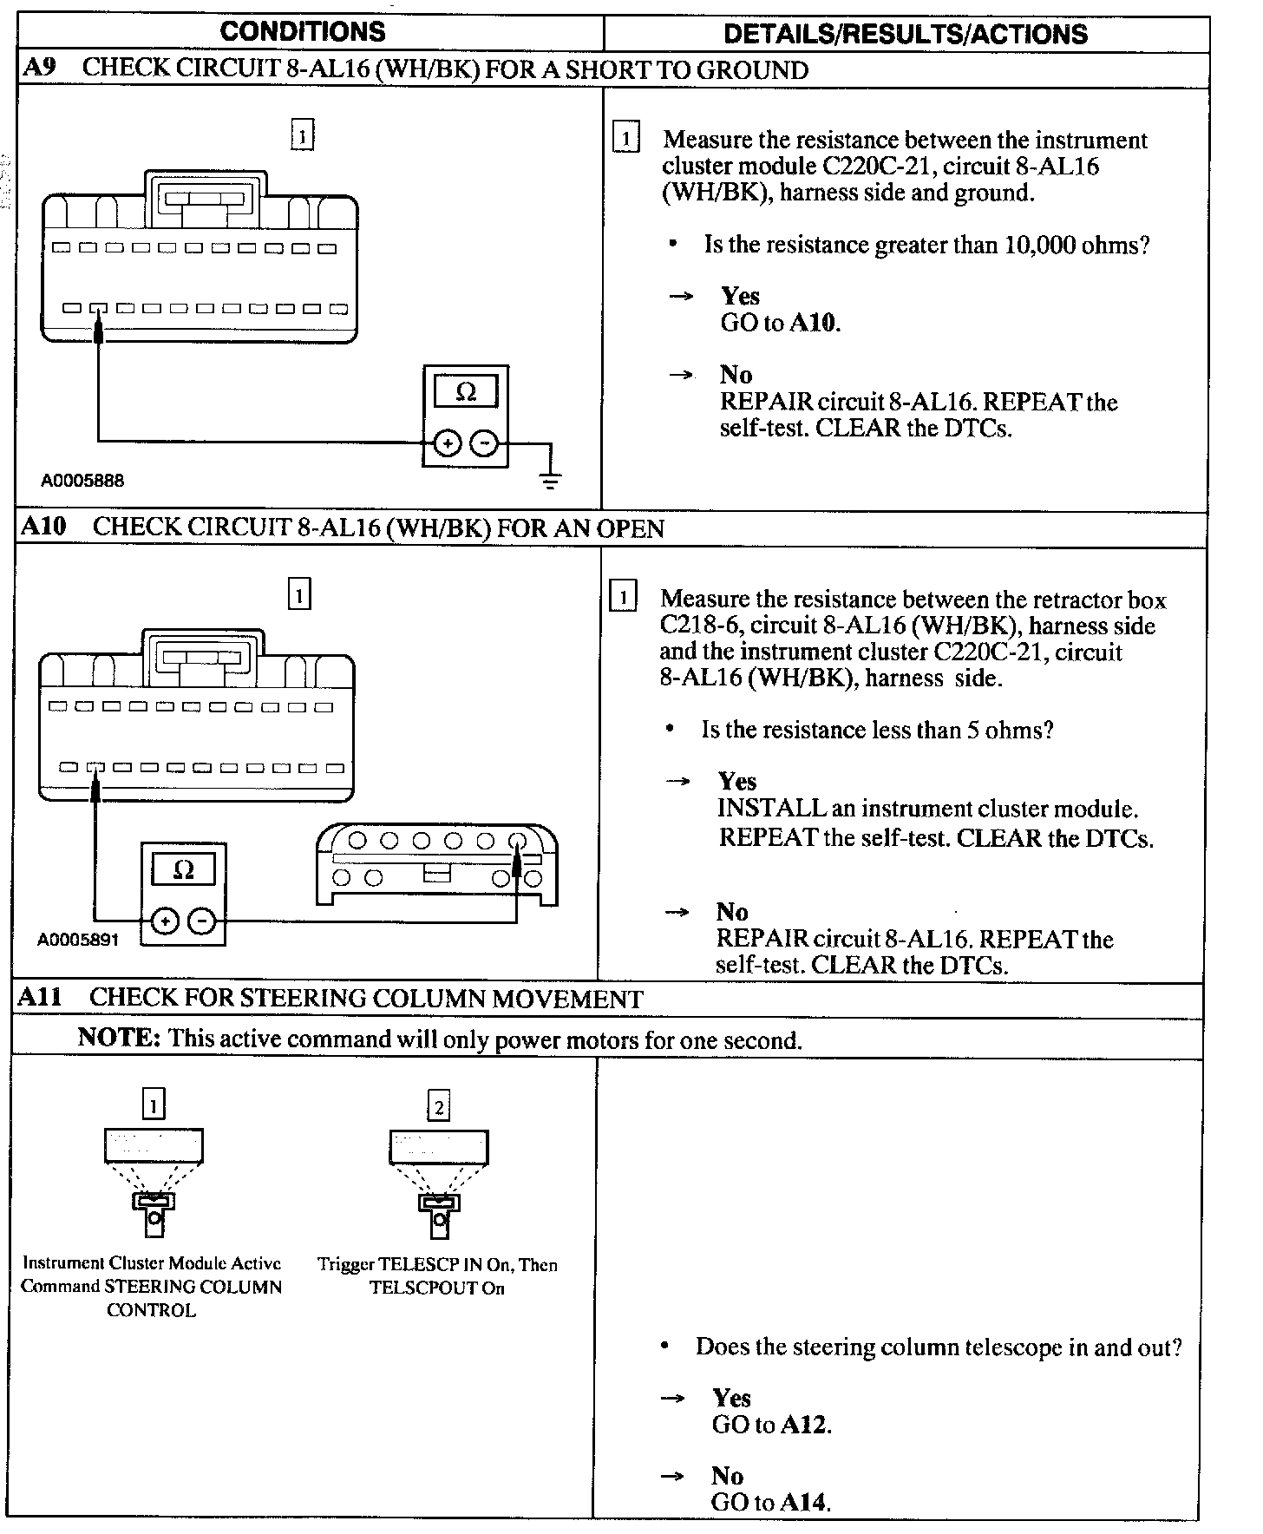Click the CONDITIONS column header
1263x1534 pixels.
303,32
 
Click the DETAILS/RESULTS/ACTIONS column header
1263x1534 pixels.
905,34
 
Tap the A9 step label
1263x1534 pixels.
39,69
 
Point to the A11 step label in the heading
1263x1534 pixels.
40,997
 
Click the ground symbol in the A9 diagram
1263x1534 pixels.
550,478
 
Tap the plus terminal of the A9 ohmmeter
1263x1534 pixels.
447,444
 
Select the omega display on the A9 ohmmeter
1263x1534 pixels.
466,392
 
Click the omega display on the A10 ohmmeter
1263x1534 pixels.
184,869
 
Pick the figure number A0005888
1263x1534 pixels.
82,480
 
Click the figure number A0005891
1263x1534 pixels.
78,940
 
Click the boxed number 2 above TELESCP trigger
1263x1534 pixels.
439,1106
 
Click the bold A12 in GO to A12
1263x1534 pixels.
804,1424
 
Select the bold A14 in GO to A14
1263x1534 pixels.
803,1502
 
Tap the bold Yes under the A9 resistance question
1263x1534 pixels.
740,296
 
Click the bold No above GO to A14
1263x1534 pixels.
727,1476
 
